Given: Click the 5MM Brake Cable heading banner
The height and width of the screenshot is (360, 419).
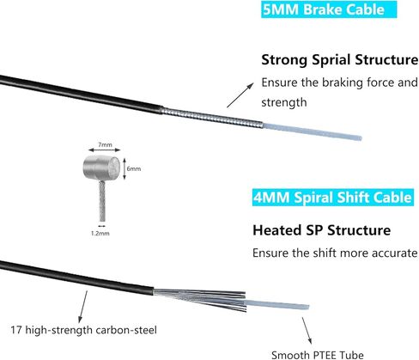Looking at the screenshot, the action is click(x=329, y=9).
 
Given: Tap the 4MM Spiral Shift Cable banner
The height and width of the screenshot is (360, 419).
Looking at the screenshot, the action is click(x=333, y=198).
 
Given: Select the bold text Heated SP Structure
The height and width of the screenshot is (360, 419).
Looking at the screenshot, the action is click(x=321, y=230).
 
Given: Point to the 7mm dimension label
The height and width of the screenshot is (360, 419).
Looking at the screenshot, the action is click(x=105, y=144).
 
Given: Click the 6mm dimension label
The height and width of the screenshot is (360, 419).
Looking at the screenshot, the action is click(x=134, y=168).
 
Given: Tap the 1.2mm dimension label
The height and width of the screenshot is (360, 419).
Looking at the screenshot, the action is click(x=100, y=233).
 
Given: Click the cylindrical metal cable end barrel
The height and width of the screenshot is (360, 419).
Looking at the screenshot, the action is click(x=102, y=168).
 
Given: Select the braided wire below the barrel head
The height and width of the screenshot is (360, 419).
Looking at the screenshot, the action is click(x=102, y=201).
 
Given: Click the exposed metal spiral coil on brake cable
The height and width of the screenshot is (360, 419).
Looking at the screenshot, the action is click(x=212, y=118).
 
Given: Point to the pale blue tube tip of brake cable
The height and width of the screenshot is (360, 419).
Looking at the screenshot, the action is click(x=313, y=131).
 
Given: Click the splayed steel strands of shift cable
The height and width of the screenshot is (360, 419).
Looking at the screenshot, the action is click(x=200, y=299).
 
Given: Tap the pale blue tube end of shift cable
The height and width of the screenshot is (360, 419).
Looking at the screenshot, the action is click(x=277, y=305).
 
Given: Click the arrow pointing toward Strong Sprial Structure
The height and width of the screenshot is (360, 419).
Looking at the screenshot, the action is click(x=240, y=95).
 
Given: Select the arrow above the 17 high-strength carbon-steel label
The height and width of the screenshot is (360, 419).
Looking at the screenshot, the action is click(x=83, y=307).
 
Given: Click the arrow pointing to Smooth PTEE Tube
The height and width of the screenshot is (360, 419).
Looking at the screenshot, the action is click(x=307, y=330).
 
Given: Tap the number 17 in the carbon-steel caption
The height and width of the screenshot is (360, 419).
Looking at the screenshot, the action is click(x=16, y=330).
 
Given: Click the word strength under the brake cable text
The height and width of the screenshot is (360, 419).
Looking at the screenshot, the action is click(x=284, y=102).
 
